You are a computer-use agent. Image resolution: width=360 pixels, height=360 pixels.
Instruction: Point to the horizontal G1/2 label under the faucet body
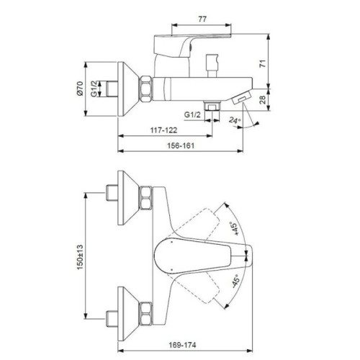192,114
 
